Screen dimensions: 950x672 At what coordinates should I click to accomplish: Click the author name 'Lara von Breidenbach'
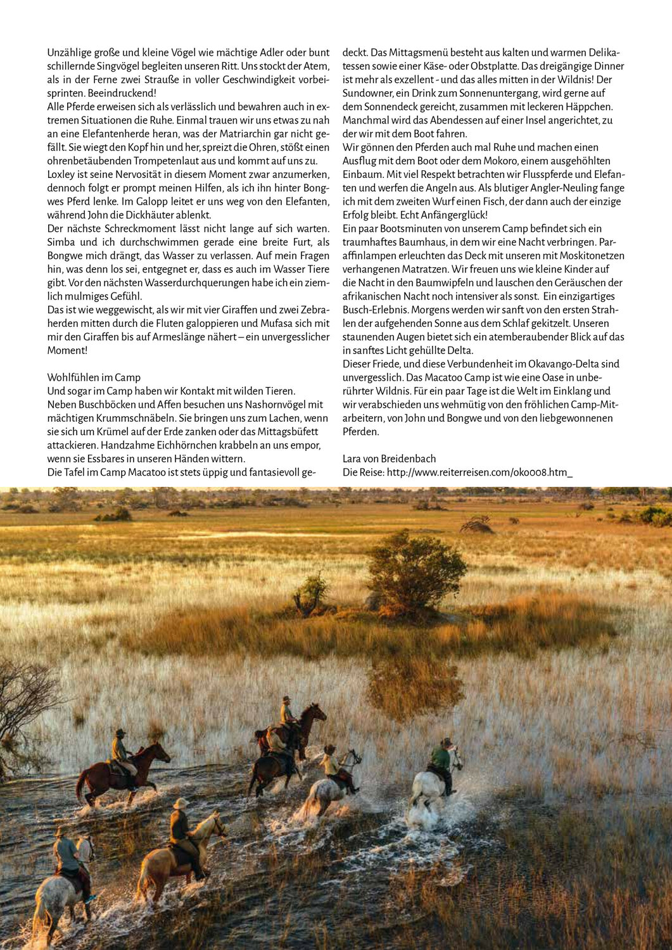coord(389,459)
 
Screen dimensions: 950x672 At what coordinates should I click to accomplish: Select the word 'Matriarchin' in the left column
coord(251,132)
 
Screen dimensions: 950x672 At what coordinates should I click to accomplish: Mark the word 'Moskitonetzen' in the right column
coord(593,255)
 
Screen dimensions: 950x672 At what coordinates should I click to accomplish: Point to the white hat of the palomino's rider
coord(181,802)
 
